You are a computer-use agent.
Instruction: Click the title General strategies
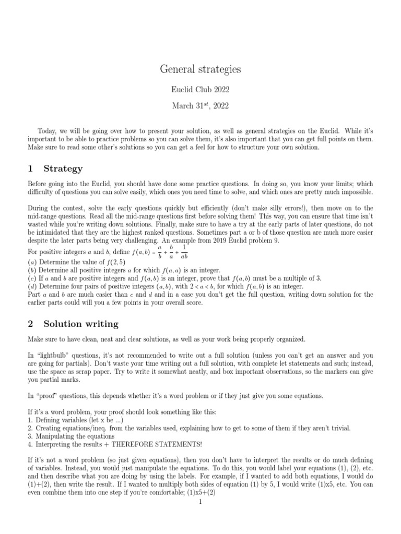200,69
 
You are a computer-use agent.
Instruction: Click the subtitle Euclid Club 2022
200,90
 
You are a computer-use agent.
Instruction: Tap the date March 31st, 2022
200,106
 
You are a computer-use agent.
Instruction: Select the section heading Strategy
63,169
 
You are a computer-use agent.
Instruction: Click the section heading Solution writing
81,324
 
